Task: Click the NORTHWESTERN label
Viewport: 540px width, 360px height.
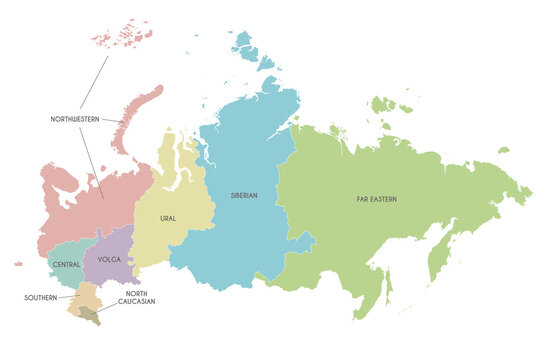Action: point(76,119)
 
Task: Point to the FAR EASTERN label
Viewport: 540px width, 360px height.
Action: point(376,199)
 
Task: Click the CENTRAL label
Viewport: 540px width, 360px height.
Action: point(67,264)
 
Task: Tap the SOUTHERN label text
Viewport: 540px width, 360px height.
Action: point(41,297)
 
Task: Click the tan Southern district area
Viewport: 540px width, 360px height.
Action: point(87,295)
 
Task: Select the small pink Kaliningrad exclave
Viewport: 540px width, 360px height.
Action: point(18,264)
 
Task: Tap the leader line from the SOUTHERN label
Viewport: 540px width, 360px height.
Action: point(68,297)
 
